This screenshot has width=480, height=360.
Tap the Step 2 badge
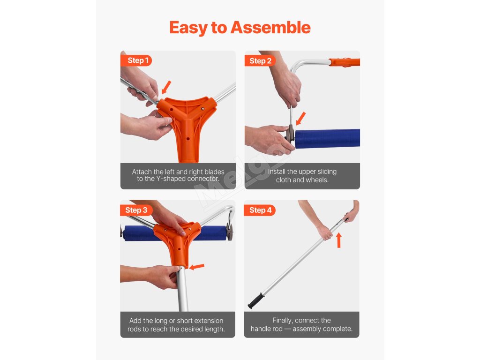click(x=260, y=61)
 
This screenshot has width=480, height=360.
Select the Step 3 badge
click(x=136, y=210)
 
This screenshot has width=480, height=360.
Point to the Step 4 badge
click(x=260, y=210)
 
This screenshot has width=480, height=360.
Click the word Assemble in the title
click(x=270, y=28)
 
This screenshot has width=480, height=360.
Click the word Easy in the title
click(x=188, y=28)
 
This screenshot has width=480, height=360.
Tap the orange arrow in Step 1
click(x=166, y=87)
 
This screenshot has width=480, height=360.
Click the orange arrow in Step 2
click(x=301, y=119)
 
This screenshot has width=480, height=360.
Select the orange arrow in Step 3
click(x=196, y=267)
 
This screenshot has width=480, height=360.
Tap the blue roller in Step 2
click(x=327, y=139)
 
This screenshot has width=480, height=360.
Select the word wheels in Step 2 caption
click(x=318, y=180)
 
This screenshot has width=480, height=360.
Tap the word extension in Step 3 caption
click(x=209, y=321)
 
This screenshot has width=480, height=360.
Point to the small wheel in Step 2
click(x=290, y=134)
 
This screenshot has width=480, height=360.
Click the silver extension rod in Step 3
click(x=183, y=289)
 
